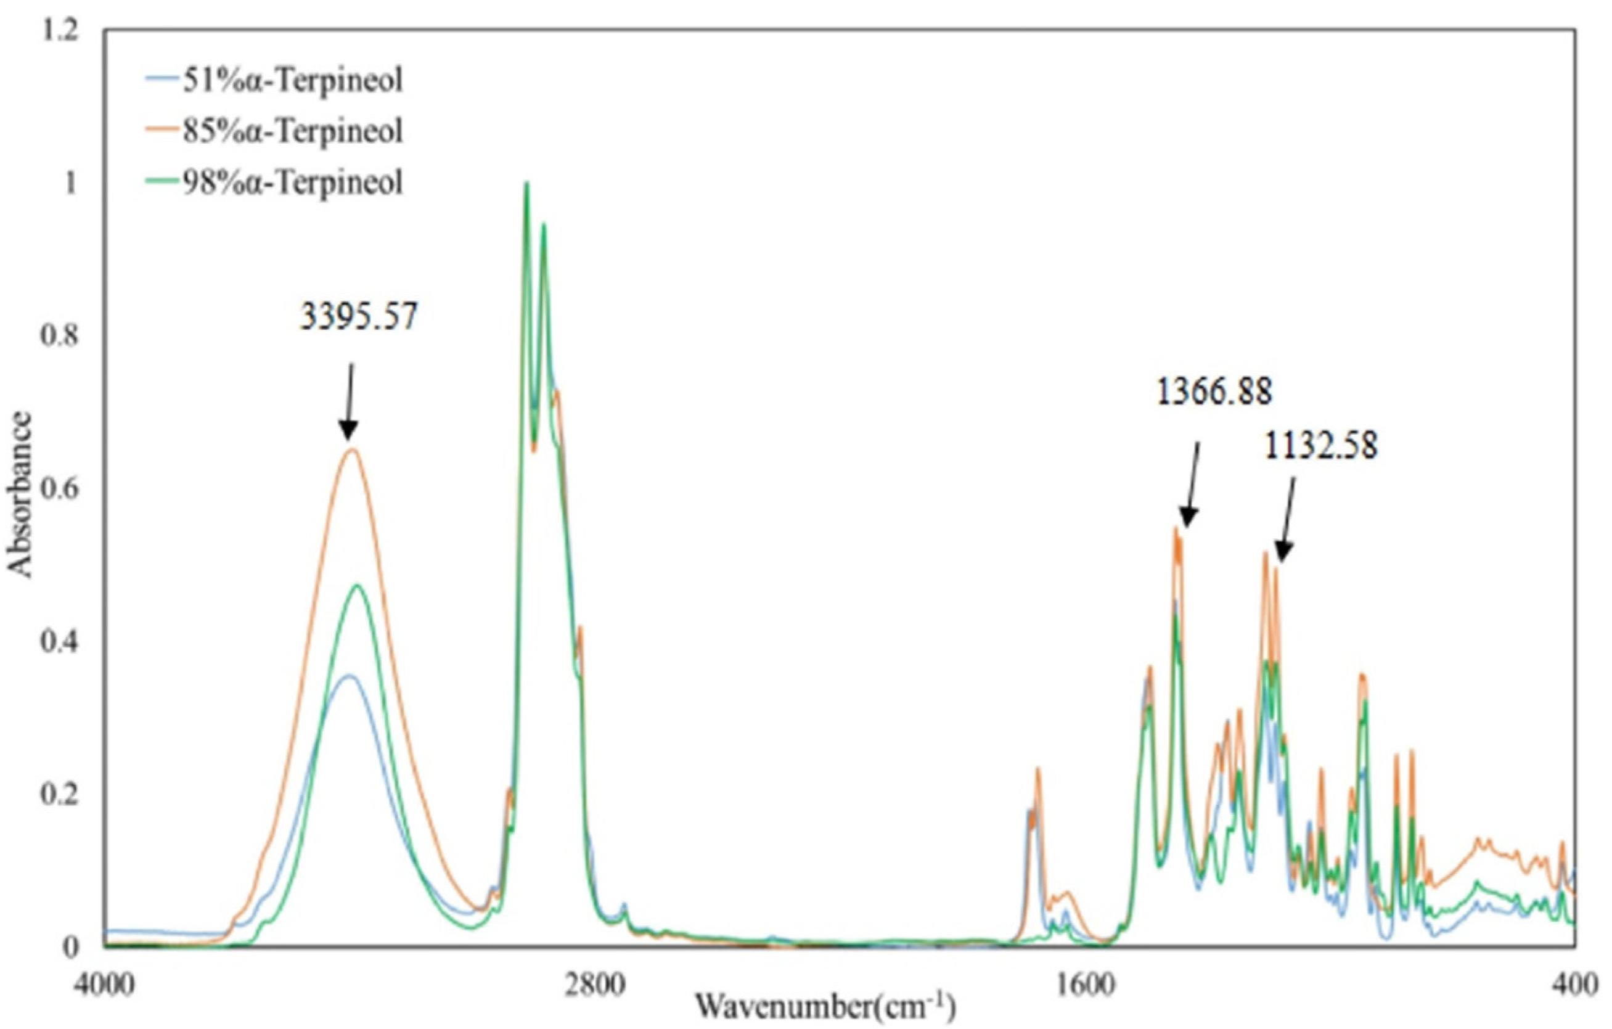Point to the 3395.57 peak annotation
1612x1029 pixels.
pos(359,317)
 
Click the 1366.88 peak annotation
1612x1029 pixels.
pos(1214,391)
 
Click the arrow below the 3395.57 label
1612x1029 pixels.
pos(349,402)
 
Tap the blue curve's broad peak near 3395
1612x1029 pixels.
pos(347,676)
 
